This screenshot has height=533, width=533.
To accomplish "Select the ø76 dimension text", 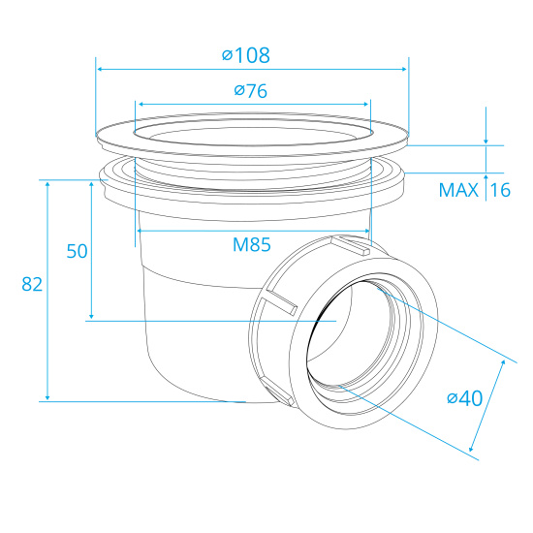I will click(250, 91).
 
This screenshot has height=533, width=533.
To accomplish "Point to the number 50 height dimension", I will click(77, 250).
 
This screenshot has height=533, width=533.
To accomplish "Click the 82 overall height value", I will click(33, 284).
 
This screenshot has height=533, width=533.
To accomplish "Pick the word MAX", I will click(458, 190).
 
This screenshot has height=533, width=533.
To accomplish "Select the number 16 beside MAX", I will click(499, 190).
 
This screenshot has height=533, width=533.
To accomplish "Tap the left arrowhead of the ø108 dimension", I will click(101, 69).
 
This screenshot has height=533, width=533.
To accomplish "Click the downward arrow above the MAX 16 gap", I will click(486, 140).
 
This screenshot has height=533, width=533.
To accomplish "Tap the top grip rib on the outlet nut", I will click(350, 243).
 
